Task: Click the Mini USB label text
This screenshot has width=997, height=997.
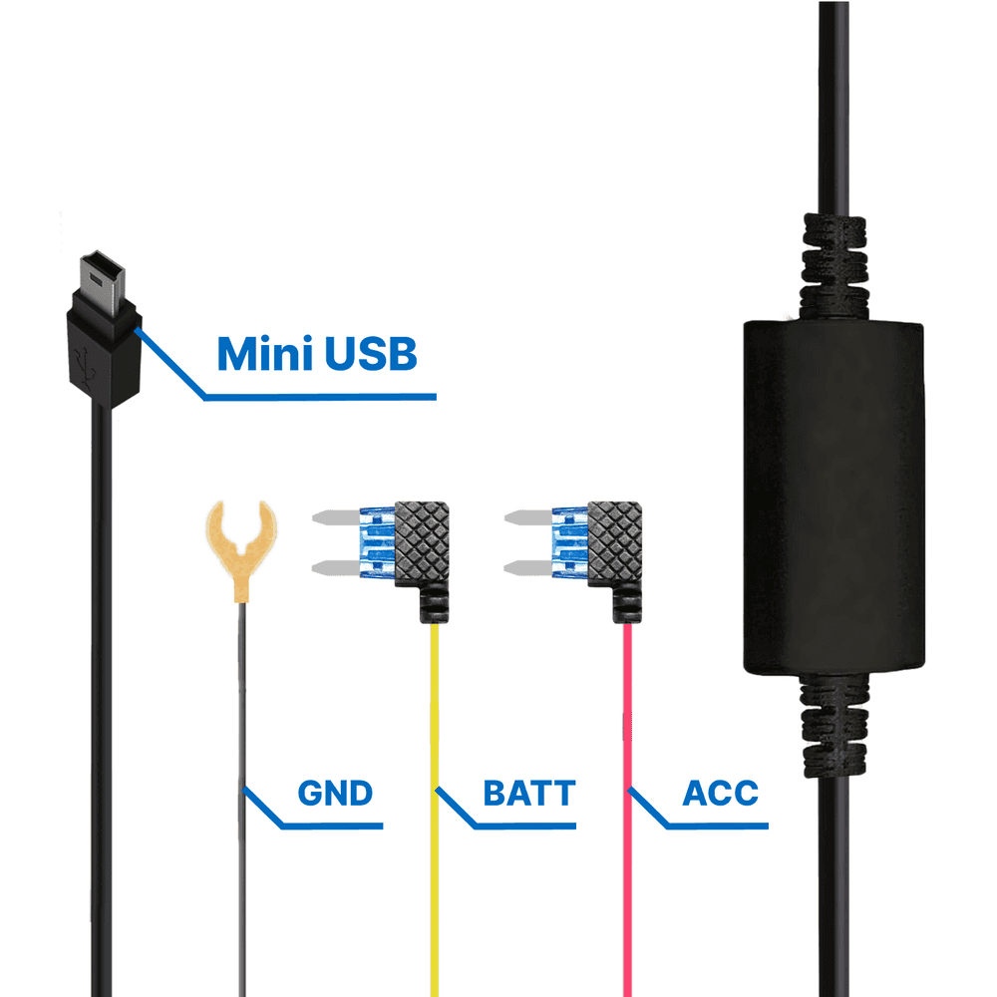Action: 316,354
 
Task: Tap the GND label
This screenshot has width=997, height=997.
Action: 334,794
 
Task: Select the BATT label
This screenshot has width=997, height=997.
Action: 528,794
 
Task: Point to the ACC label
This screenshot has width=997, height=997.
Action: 720,794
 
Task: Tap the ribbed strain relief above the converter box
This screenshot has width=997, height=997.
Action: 832,259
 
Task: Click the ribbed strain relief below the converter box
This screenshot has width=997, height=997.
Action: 832,723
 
